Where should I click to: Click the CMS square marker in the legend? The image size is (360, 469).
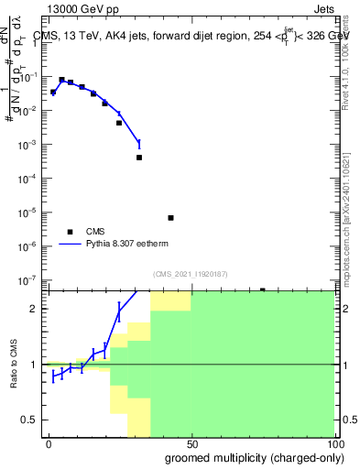68,233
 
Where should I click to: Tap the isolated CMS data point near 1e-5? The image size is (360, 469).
171,218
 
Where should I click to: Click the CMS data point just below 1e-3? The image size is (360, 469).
139,158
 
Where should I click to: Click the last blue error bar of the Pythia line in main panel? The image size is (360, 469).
139,144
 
